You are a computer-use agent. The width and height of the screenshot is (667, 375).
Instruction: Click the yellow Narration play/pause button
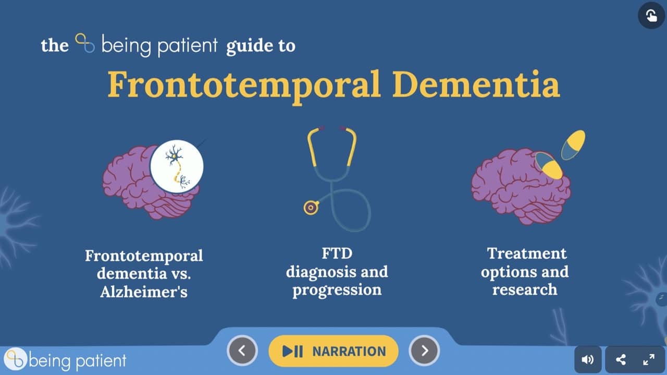(333, 351)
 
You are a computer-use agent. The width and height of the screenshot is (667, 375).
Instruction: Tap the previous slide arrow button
(242, 350)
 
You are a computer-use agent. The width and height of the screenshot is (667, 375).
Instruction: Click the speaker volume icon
(587, 359)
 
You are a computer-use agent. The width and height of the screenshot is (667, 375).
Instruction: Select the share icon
(621, 360)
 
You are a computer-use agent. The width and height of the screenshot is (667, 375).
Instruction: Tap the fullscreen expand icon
(649, 360)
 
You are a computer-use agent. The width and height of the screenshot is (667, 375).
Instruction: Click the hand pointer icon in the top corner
(651, 15)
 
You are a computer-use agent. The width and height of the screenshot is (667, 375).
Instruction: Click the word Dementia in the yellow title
(476, 84)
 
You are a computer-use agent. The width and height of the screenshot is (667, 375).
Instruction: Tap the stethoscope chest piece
(311, 208)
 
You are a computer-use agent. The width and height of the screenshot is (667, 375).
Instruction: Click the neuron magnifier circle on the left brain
(177, 166)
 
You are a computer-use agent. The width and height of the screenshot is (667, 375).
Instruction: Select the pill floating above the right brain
(573, 145)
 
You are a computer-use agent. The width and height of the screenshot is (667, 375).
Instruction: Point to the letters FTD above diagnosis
(337, 253)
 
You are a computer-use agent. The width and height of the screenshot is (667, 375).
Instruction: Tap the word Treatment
(527, 253)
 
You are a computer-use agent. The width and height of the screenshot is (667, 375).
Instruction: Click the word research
(525, 289)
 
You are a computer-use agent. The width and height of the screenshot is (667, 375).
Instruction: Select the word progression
(337, 290)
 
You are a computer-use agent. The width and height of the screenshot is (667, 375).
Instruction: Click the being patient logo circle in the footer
(16, 359)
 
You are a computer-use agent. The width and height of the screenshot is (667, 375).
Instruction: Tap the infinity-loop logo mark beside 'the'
(85, 43)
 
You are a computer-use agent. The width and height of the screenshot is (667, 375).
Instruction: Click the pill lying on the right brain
(549, 165)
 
